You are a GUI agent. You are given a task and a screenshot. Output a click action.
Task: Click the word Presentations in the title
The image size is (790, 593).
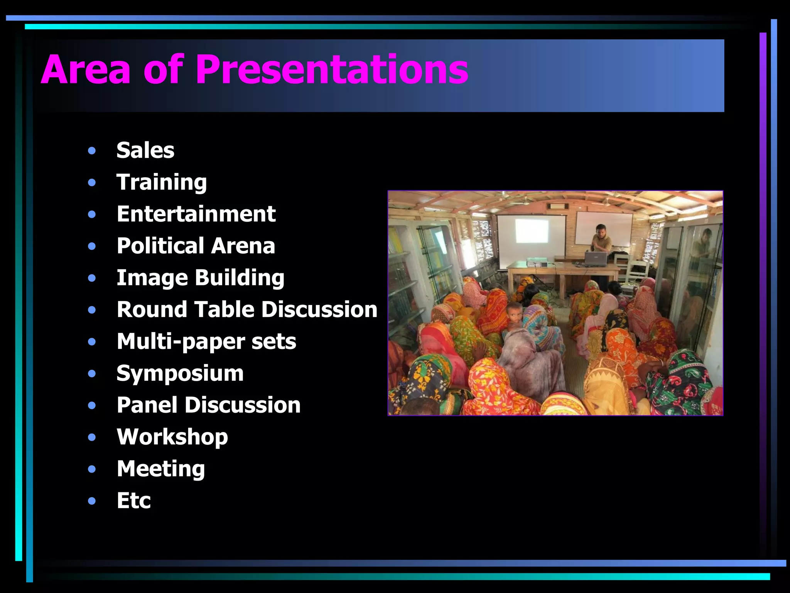332,69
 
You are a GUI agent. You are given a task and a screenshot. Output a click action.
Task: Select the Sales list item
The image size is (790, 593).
145,150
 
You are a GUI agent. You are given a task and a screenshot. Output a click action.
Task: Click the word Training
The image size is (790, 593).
162,182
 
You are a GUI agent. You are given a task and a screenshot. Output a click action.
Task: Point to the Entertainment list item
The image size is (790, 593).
196,214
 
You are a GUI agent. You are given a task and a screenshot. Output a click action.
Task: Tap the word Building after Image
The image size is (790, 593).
240,278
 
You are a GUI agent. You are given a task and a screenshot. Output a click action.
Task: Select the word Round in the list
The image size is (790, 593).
152,310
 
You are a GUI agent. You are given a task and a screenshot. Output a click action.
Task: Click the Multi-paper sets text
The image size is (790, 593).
206,342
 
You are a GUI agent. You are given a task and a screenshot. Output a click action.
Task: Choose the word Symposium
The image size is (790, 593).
180,373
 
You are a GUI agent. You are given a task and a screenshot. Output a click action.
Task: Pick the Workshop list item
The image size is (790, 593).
172,437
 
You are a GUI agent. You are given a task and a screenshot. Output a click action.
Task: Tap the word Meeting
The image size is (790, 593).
161,469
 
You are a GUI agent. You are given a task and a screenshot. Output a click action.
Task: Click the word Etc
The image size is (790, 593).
134,501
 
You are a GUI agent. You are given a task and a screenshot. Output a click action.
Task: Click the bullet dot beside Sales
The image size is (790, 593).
92,151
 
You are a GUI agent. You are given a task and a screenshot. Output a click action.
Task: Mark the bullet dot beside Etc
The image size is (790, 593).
92,501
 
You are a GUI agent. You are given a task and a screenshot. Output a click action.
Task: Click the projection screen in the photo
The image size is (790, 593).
532,236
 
